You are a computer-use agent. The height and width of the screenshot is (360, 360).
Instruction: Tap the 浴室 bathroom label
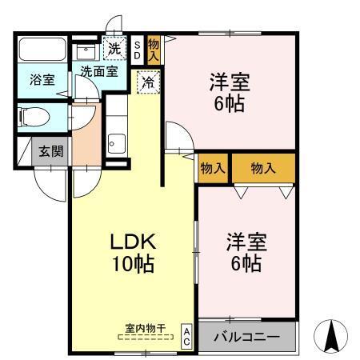pyautogui.click(x=42, y=81)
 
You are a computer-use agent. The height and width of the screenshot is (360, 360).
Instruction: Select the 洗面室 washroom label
pyautogui.click(x=98, y=71)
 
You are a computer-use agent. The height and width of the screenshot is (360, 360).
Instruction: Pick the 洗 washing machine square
pyautogui.click(x=115, y=48)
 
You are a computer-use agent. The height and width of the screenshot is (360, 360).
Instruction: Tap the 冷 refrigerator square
pyautogui.click(x=148, y=82)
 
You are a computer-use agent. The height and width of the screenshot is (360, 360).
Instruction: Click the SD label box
pyautogui.click(x=137, y=51)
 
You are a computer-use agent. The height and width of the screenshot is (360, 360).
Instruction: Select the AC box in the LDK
pyautogui.click(x=186, y=334)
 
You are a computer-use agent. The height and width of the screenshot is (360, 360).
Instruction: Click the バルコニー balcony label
pyautogui.click(x=246, y=337)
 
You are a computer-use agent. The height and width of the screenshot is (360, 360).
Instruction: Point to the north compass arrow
pyautogui.click(x=330, y=336)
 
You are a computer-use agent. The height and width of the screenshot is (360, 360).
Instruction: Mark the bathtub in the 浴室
pyautogui.click(x=42, y=50)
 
